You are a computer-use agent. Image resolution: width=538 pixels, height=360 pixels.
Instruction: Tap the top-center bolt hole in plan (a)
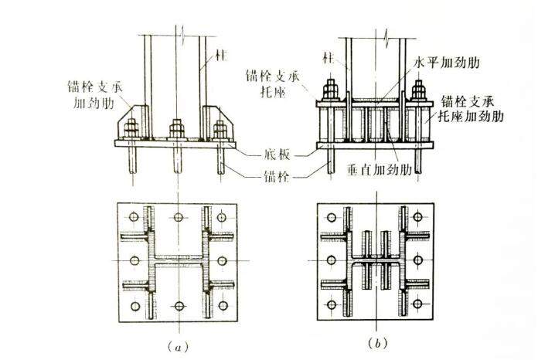pos(179,216)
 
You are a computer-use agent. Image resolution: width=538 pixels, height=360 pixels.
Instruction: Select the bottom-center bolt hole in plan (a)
pos(179,308)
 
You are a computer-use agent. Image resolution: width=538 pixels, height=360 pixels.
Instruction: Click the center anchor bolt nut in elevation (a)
pos(178,128)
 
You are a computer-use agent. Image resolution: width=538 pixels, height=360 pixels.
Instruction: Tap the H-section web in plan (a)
pos(178,262)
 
